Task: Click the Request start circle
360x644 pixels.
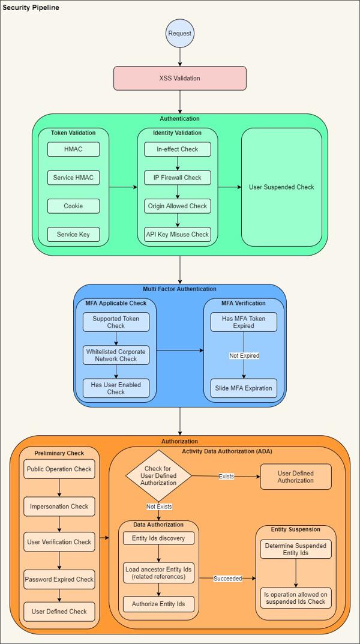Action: (180, 34)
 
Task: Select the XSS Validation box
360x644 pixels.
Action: (180, 78)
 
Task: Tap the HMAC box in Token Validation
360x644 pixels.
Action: (73, 149)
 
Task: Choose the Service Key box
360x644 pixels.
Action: (73, 234)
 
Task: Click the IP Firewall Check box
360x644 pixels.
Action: (178, 178)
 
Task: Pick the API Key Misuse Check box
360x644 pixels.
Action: (178, 234)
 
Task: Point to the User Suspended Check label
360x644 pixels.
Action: (281, 187)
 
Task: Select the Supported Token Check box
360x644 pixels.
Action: (116, 322)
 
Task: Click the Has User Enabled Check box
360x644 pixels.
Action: (116, 388)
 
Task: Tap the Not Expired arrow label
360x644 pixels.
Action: (244, 356)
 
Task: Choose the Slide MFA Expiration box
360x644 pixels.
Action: (244, 388)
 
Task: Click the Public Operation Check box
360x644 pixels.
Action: (59, 469)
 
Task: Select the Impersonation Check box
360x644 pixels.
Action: (59, 507)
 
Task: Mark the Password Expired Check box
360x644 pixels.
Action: (59, 579)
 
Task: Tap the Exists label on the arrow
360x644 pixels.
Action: (226, 477)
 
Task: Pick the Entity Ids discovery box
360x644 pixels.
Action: (159, 538)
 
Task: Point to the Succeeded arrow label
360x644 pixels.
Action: (227, 579)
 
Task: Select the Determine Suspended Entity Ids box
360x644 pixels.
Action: (295, 549)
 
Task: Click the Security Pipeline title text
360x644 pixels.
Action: (31, 7)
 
